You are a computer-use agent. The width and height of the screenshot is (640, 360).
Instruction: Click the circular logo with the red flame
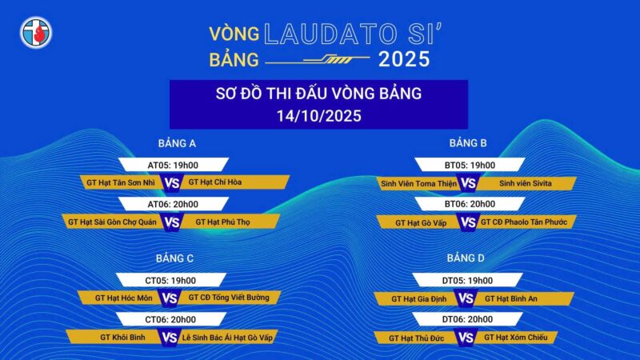(36, 33)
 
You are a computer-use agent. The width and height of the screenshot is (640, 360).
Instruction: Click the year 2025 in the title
(404, 59)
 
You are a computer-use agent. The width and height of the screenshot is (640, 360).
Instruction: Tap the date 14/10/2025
(318, 116)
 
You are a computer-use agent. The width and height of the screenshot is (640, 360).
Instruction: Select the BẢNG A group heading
(177, 143)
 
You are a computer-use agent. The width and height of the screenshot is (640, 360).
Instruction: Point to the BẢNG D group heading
(466, 258)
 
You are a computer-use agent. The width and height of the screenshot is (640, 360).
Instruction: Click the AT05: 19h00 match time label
(173, 166)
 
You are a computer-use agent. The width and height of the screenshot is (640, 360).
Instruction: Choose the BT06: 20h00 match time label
(470, 204)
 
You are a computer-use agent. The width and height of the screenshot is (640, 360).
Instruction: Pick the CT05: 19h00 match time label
(170, 281)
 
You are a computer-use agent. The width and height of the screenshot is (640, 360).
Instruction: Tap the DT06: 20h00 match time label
(467, 319)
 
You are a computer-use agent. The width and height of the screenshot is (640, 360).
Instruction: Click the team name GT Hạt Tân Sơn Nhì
(121, 182)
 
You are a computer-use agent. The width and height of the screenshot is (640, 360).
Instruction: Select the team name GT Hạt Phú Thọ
(222, 222)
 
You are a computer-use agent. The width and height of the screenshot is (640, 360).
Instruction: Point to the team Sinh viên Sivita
(526, 183)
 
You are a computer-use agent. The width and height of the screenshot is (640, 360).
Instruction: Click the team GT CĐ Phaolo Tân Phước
(524, 222)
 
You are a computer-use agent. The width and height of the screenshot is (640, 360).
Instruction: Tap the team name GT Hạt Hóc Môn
(124, 298)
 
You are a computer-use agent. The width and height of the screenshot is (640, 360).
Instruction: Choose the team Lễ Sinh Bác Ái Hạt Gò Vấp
(227, 338)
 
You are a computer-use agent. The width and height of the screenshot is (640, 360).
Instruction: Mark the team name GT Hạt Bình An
(511, 298)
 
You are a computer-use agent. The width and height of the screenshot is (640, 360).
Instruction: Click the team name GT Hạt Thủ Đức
(416, 338)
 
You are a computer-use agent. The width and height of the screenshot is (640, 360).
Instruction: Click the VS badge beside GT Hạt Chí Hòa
(172, 183)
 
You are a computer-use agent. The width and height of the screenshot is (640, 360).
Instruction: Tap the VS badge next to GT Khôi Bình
(170, 338)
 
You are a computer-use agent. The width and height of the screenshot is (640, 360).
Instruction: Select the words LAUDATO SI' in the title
(353, 34)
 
